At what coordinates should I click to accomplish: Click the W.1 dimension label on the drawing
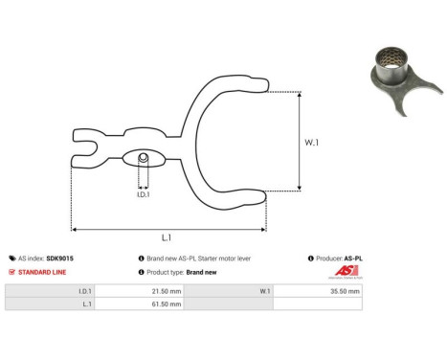(x=312, y=144)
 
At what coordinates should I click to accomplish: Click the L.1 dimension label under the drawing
(x=168, y=237)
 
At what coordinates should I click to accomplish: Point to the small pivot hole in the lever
(x=143, y=157)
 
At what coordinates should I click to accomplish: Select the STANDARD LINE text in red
(x=44, y=271)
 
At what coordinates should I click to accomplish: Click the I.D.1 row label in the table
(x=84, y=290)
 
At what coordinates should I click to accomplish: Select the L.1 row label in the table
(x=86, y=304)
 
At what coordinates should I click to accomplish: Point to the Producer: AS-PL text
(x=337, y=259)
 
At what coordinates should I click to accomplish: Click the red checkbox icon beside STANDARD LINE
(x=11, y=271)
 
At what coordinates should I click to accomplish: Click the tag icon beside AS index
(x=11, y=259)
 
